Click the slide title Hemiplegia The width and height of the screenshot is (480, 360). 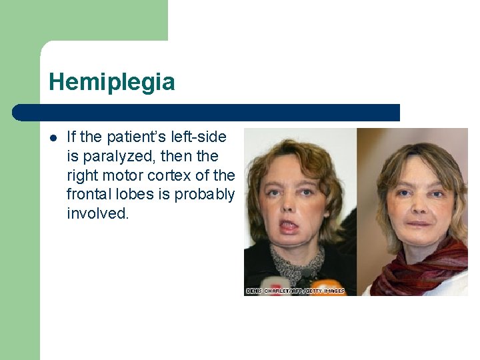[112, 83]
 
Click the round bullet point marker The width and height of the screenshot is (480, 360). [53, 138]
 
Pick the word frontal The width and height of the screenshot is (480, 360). [89, 195]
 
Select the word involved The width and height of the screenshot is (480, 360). [97, 214]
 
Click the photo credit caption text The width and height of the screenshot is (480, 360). [295, 291]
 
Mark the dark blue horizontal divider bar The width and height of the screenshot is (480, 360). [207, 113]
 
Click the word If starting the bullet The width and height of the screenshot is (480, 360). [72, 137]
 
